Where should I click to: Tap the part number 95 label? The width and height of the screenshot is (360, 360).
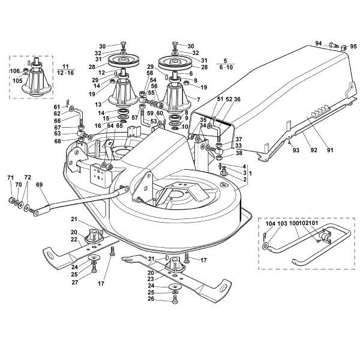coord(353,46)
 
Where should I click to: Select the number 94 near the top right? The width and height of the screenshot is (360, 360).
coord(319,43)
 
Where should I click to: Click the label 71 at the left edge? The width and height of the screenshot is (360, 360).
coord(10,178)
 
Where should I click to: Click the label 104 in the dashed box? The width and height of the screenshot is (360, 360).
coord(269,223)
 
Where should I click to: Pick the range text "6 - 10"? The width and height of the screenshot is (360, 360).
coord(225,68)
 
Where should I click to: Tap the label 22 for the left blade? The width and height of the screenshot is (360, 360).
coord(74,239)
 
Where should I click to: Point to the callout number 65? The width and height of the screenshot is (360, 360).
coord(119,125)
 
